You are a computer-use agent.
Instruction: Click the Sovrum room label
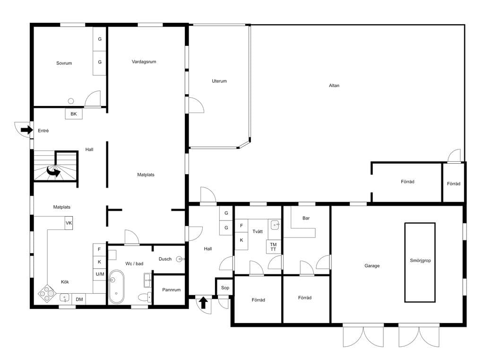pyautogui.click(x=64, y=63)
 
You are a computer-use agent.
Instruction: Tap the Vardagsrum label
pyautogui.click(x=144, y=61)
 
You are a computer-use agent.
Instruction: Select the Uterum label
pyautogui.click(x=219, y=81)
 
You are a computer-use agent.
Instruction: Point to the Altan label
pyautogui.click(x=334, y=85)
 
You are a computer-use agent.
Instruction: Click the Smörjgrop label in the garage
pyautogui.click(x=420, y=261)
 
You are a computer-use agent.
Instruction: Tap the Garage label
pyautogui.click(x=372, y=266)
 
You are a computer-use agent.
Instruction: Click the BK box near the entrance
pyautogui.click(x=73, y=114)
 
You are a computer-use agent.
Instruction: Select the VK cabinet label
pyautogui.click(x=69, y=223)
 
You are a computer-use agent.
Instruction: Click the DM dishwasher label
pyautogui.click(x=79, y=299)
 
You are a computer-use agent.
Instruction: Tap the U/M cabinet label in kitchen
pyautogui.click(x=100, y=274)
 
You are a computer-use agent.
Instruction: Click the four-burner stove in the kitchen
pyautogui.click(x=47, y=293)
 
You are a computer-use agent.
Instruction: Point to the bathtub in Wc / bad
pyautogui.click(x=116, y=287)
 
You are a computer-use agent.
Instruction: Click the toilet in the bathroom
pyautogui.click(x=145, y=297)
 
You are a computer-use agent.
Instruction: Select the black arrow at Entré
pyautogui.click(x=27, y=130)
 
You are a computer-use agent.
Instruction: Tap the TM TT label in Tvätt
pyautogui.click(x=274, y=247)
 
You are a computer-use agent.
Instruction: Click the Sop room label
pyautogui.click(x=225, y=288)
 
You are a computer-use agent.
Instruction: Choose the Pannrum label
pyautogui.click(x=171, y=290)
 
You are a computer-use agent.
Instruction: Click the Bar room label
pyautogui.click(x=306, y=218)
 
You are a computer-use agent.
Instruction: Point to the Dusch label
pyautogui.click(x=165, y=259)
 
